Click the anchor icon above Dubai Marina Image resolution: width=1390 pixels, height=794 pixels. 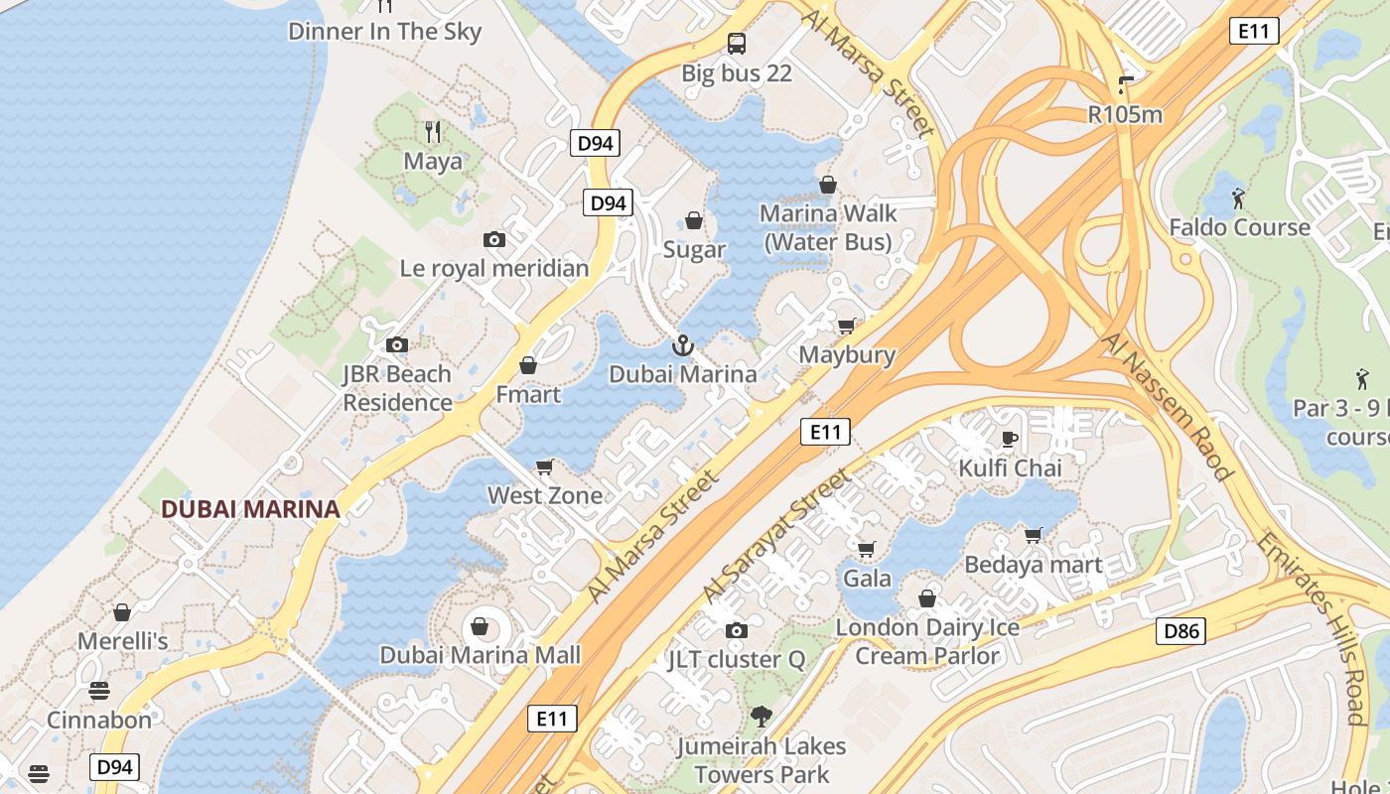(682, 345)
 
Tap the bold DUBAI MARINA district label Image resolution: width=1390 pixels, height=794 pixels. (250, 509)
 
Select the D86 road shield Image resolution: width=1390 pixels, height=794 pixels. (1181, 630)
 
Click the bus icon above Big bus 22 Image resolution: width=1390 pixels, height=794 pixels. (736, 44)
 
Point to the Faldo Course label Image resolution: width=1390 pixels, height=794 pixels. (1239, 227)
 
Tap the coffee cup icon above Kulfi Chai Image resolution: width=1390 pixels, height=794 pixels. (1010, 439)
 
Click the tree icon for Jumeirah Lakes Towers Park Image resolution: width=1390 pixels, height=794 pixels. (761, 717)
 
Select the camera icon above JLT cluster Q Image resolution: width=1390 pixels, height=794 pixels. (736, 630)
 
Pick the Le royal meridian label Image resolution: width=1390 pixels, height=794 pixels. (494, 268)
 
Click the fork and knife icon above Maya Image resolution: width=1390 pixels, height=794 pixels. (433, 131)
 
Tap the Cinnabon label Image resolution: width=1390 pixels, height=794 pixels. (99, 720)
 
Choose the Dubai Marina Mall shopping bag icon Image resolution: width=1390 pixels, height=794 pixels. (480, 626)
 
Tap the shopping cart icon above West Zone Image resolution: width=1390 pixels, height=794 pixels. (544, 466)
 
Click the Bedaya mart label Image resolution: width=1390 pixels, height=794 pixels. (1034, 565)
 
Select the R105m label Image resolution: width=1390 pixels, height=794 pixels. (1125, 114)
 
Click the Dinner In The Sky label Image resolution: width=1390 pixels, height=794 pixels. (384, 31)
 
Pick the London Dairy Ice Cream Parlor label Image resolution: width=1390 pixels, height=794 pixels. (927, 641)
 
